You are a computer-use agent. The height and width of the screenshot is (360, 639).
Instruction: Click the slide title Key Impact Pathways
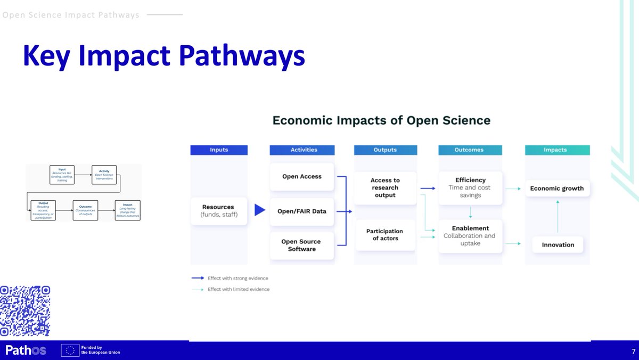[x=163, y=56]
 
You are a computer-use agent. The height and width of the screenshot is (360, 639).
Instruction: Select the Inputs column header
[x=219, y=150]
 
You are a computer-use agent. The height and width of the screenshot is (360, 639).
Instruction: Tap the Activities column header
[x=302, y=150]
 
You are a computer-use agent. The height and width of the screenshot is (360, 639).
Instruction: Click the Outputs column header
[x=385, y=150]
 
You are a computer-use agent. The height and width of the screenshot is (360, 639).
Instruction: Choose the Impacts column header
[x=555, y=150]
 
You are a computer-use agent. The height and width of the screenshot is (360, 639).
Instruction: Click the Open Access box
[x=301, y=177]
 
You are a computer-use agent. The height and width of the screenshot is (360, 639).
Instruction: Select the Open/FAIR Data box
[x=301, y=211]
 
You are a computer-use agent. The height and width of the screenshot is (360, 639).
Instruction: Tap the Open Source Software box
[x=301, y=246]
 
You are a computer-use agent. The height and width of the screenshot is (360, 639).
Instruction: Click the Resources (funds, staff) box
[x=218, y=210]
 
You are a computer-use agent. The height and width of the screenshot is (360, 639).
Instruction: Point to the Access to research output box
[x=385, y=187]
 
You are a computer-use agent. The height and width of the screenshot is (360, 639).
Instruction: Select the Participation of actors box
[x=385, y=235]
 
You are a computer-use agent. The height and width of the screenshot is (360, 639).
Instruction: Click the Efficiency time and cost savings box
[x=470, y=187]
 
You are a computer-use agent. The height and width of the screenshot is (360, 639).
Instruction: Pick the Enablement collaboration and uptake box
[x=470, y=236]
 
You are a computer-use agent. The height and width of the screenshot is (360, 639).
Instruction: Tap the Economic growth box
[x=557, y=188]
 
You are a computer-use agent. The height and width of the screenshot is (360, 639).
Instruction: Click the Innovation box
[x=558, y=245]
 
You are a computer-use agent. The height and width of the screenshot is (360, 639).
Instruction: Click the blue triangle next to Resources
[x=259, y=210]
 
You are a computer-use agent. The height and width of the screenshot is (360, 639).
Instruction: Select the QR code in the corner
[x=25, y=311]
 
